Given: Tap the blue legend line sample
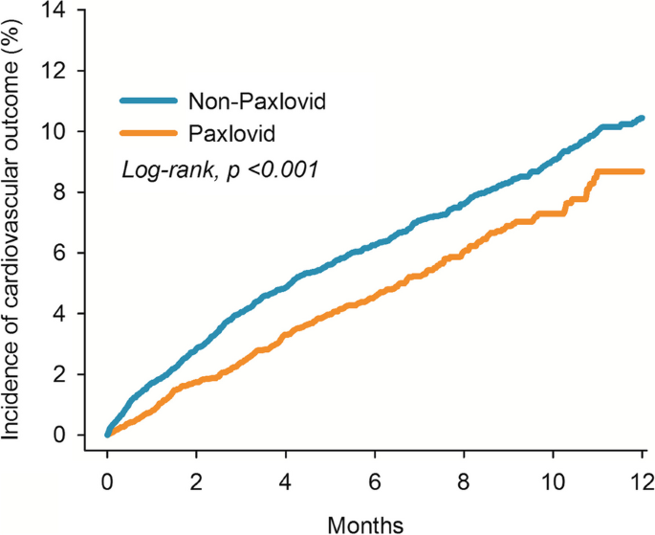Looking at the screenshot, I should click(148, 100).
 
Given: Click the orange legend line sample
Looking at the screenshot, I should click(148, 132).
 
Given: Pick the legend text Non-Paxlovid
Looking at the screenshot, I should click(251, 100).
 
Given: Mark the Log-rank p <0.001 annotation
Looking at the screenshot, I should click(219, 169).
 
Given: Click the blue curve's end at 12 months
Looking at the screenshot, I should click(642, 118).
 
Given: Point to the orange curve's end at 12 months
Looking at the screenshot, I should click(642, 171).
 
